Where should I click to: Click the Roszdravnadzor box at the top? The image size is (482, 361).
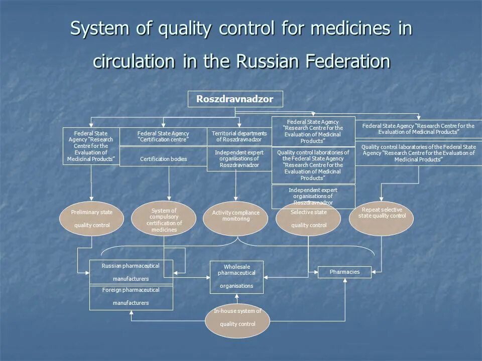pyautogui.click(x=235, y=99)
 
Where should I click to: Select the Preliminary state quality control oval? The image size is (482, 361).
pyautogui.click(x=92, y=219)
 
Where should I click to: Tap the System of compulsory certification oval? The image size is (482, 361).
pyautogui.click(x=164, y=219)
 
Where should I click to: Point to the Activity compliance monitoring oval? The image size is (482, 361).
pyautogui.click(x=235, y=219)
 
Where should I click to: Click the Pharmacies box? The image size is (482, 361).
pyautogui.click(x=344, y=272)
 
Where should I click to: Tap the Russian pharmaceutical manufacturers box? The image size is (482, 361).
pyautogui.click(x=131, y=272)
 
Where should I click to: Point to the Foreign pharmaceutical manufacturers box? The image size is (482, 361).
pyautogui.click(x=131, y=297)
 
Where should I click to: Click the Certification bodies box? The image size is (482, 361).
pyautogui.click(x=163, y=159)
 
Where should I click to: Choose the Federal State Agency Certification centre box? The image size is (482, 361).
pyautogui.click(x=163, y=136)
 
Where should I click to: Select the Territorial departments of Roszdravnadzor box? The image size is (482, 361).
pyautogui.click(x=239, y=136)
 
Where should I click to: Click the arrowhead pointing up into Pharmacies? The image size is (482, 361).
pyautogui.click(x=345, y=280)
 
